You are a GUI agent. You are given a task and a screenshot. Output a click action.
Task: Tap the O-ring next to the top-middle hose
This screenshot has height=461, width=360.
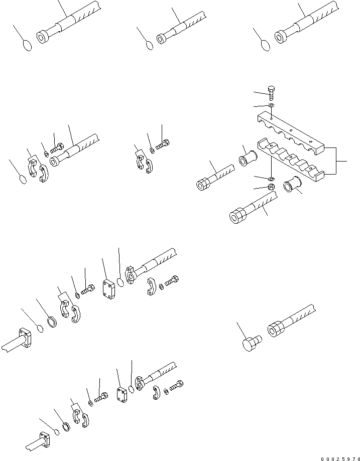149,45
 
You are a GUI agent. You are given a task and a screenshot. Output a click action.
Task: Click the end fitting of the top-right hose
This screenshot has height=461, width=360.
281,36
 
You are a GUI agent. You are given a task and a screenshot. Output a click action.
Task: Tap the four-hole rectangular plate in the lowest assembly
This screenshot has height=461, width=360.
123,395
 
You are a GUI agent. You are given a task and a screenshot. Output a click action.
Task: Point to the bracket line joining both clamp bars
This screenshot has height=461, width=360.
336,161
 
